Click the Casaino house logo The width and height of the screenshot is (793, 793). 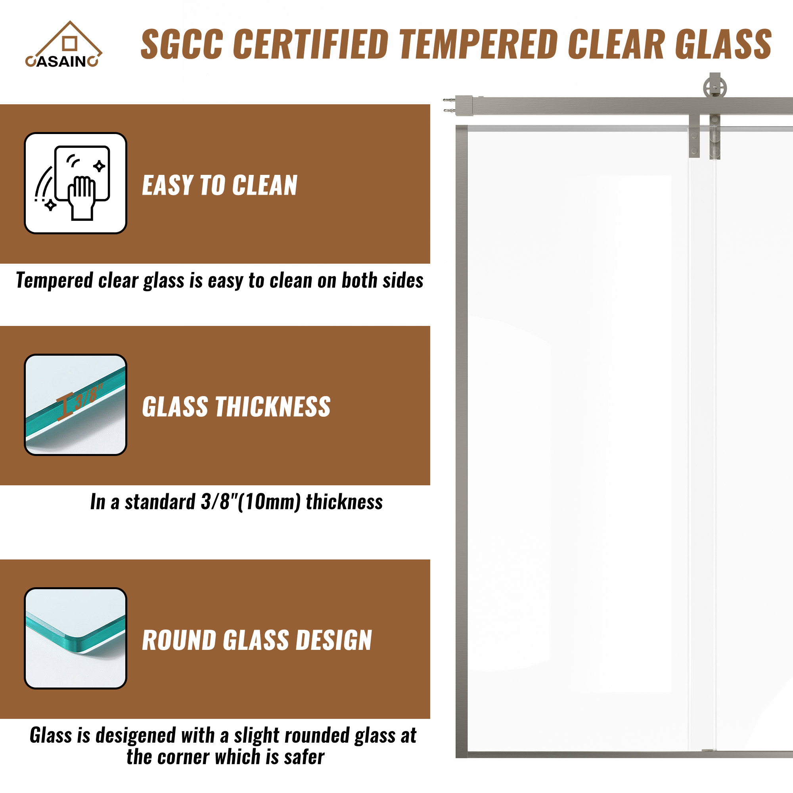63,44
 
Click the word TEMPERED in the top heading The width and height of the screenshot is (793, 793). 479,44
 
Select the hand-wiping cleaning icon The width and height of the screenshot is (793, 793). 75,183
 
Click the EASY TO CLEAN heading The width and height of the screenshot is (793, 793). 220,185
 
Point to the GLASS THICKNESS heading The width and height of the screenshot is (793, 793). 236,407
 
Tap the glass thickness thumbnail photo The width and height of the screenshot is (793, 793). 75,405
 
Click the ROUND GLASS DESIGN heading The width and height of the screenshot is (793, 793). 257,640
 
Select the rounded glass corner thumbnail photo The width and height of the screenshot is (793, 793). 75,638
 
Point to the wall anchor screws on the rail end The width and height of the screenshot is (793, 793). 450,105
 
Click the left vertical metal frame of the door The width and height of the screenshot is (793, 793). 462,441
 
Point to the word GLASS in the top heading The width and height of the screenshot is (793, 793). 723,44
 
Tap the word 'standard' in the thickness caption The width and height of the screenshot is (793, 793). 160,502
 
